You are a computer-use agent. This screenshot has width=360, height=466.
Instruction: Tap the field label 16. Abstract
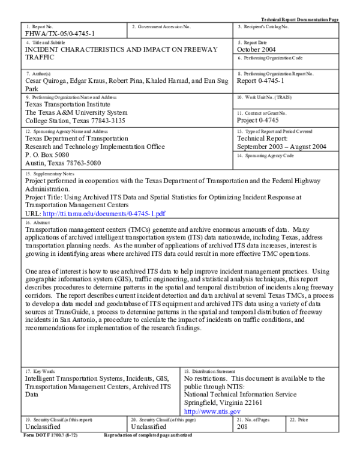[x=37, y=222]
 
